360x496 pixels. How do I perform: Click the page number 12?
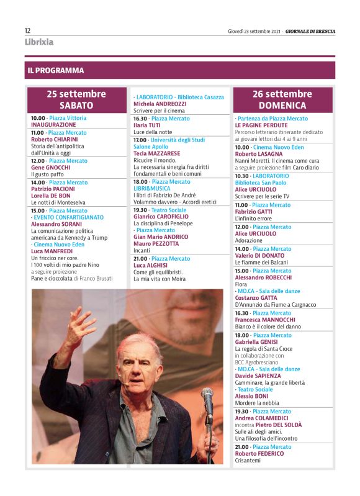28,30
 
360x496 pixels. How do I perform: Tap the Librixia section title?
39,42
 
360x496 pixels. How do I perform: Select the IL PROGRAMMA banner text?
55,71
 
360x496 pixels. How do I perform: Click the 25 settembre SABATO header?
76,99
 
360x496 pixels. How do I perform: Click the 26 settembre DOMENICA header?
282,99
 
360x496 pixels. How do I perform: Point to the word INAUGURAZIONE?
53,125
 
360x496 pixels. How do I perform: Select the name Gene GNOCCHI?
50,168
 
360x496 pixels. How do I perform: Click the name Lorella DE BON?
51,196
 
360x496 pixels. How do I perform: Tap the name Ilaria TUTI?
146,125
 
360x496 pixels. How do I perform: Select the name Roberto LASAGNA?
259,154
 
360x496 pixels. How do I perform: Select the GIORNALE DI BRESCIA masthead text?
310,30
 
